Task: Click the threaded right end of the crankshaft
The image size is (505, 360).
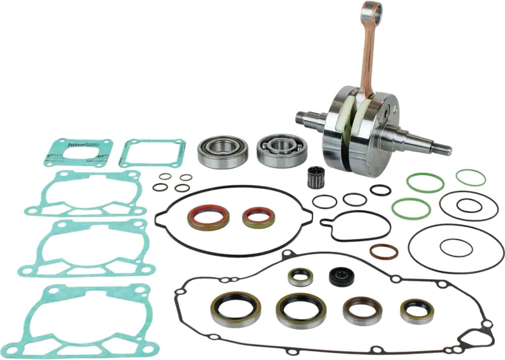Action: [436, 148]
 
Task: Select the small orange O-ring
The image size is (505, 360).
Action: [384, 253]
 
